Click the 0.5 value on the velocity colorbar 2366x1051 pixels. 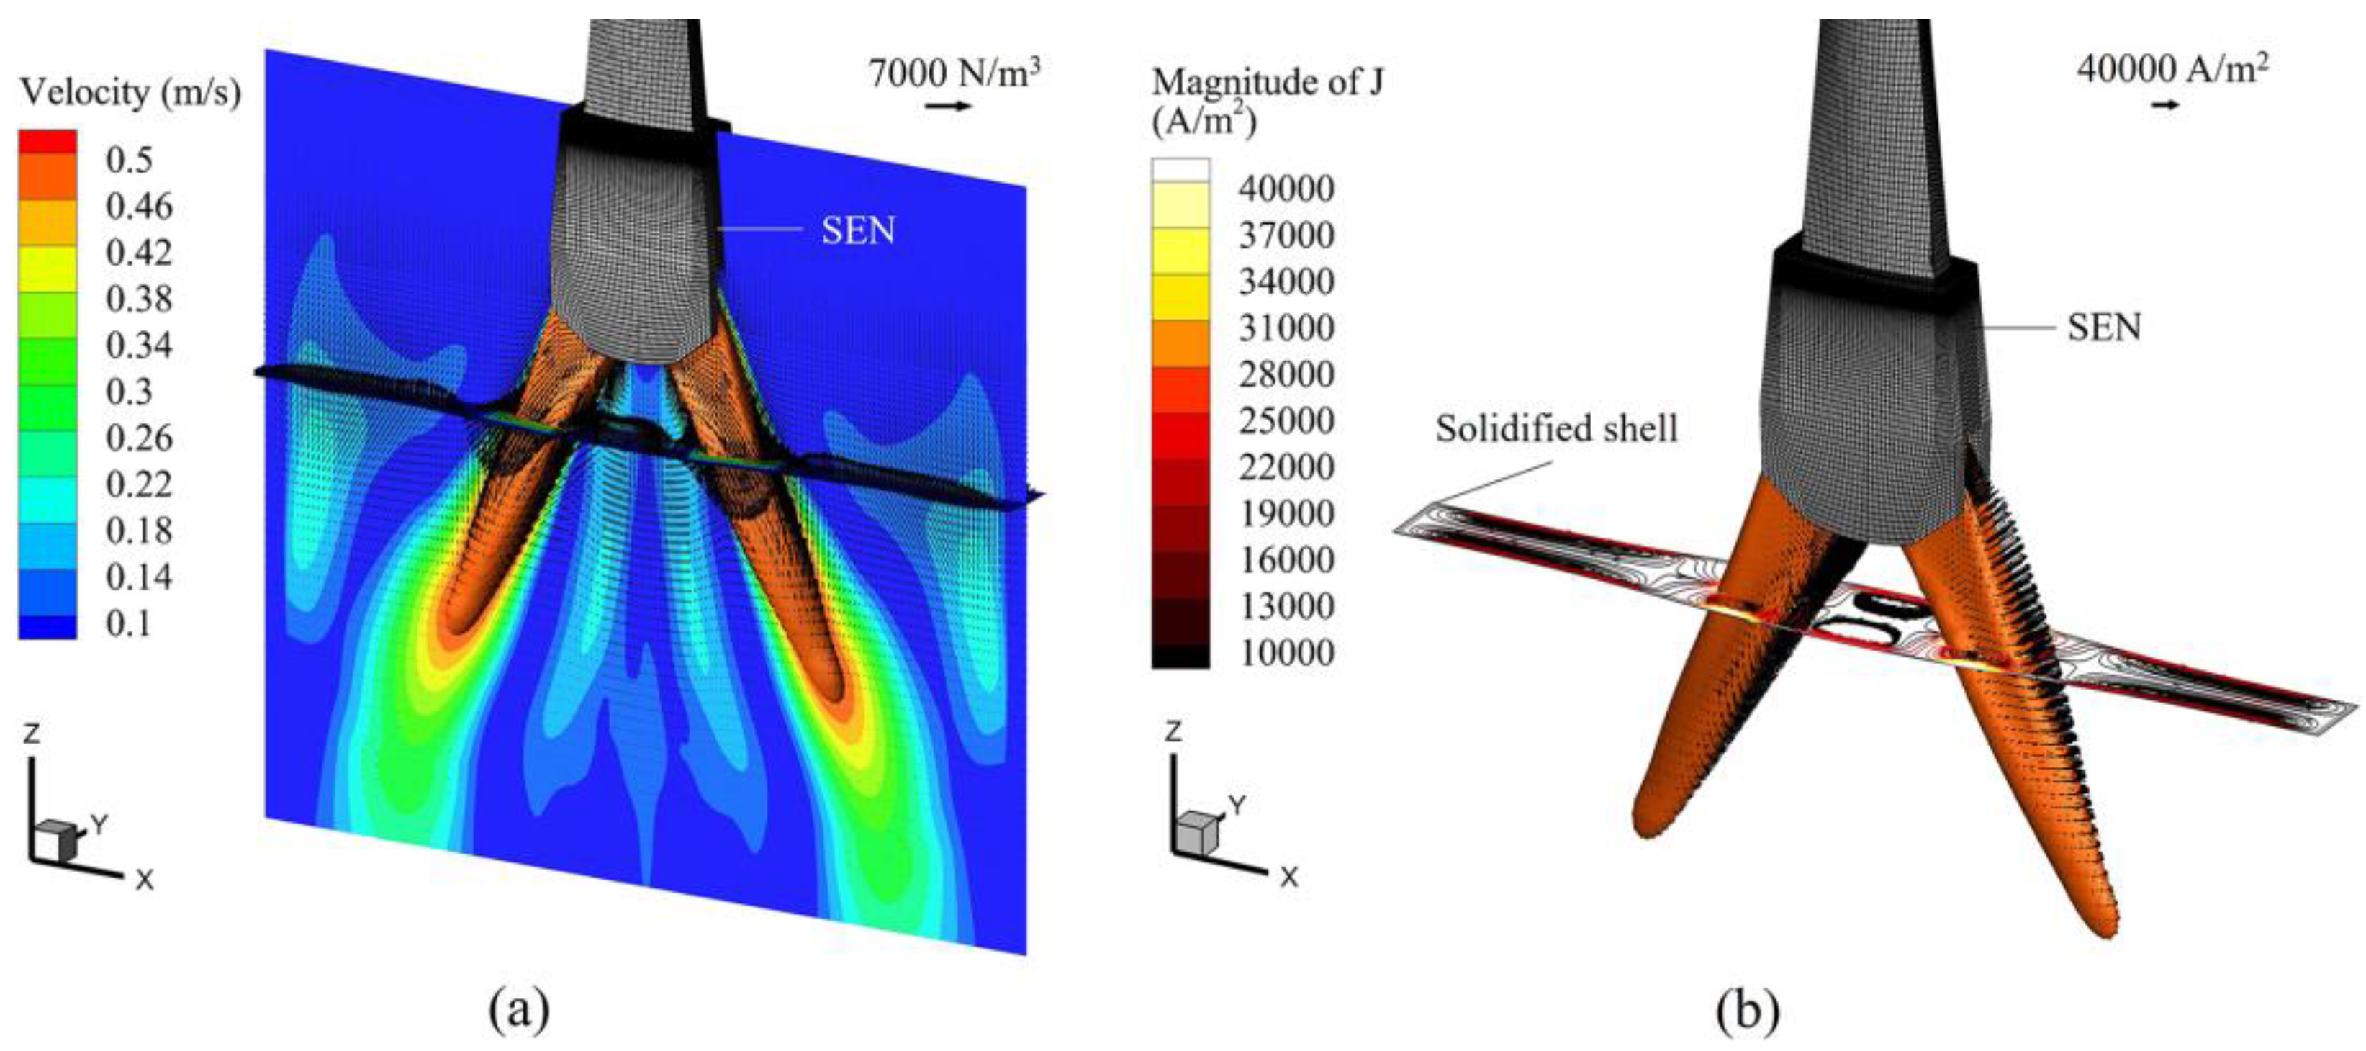pos(130,160)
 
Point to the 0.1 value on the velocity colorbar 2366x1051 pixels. pos(130,624)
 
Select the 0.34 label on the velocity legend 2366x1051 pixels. pos(140,346)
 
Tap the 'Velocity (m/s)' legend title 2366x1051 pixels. pos(130,92)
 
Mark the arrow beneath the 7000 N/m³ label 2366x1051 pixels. pos(948,107)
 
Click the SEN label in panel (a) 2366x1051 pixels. pos(858,230)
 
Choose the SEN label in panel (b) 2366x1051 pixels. pos(2104,327)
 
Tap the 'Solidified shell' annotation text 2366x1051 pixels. pos(1557,428)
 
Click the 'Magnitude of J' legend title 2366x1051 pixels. pos(1268,82)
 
